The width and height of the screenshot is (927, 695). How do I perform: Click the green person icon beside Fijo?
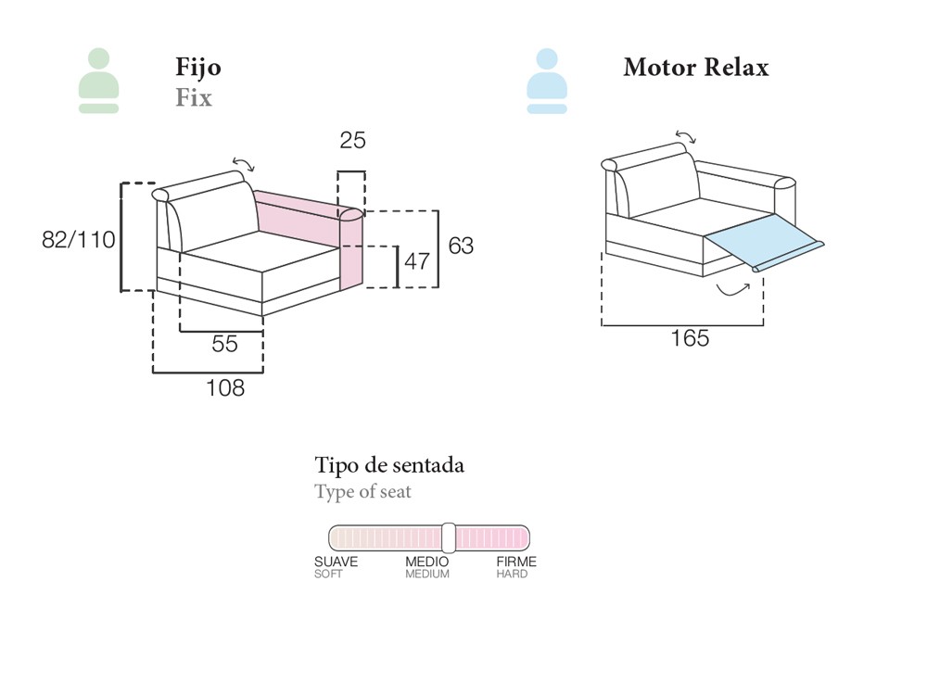[x=98, y=81]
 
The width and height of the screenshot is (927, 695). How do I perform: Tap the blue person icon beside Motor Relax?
[x=547, y=81]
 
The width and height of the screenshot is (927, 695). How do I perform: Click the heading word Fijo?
[x=198, y=67]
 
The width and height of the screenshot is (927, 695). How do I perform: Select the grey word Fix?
[x=194, y=97]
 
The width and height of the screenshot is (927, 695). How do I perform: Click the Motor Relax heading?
[x=695, y=67]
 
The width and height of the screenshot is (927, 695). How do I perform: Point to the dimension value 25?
[x=352, y=141]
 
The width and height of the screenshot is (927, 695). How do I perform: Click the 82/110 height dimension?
[x=79, y=240]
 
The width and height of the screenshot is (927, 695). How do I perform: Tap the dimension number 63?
[x=461, y=246]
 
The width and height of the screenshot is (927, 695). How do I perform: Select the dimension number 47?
[x=417, y=261]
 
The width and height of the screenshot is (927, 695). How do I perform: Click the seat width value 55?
[x=224, y=344]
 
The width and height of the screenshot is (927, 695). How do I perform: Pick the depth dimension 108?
[x=225, y=388]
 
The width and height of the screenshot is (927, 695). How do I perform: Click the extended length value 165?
[x=690, y=339]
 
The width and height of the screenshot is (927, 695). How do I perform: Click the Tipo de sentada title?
[x=389, y=465]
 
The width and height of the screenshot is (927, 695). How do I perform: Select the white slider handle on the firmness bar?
[x=449, y=537]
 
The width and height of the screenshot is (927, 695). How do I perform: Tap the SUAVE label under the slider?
[x=336, y=562]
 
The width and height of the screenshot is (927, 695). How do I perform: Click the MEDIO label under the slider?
[x=426, y=562]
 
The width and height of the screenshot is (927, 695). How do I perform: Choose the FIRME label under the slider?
[x=516, y=562]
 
